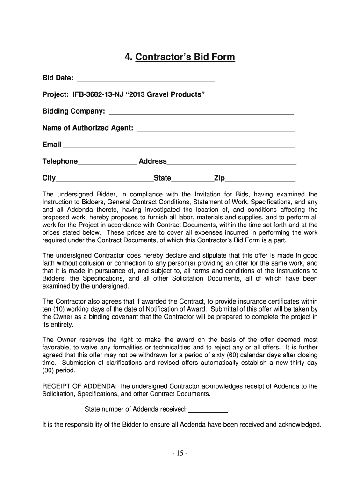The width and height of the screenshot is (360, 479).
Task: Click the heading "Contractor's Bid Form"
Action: (185, 58)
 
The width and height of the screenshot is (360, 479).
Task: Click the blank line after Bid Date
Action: (145, 79)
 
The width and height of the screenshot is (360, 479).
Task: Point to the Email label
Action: (51, 145)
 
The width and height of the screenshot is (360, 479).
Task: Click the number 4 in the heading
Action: (127, 58)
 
